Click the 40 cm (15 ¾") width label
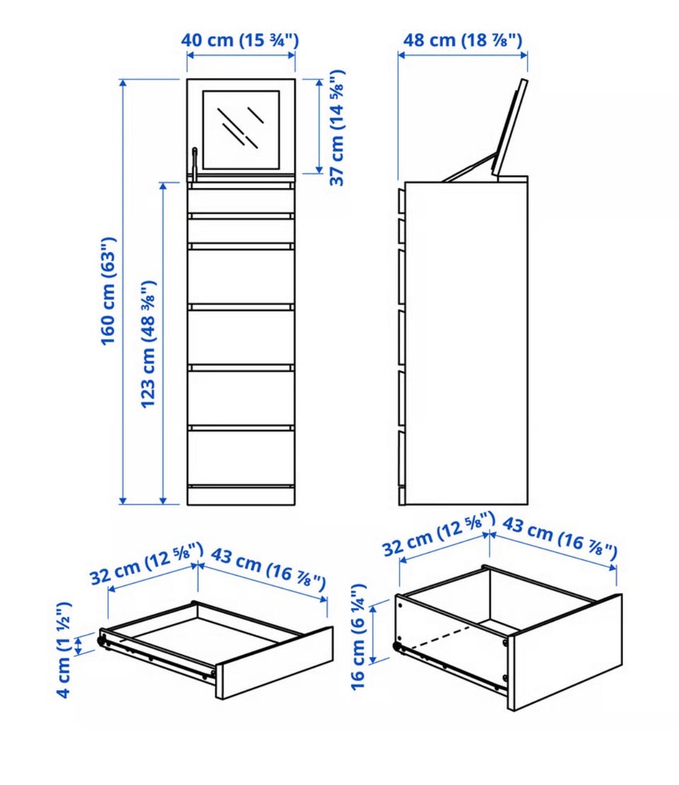[240, 40]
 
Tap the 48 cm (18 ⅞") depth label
[463, 40]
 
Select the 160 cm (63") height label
[109, 291]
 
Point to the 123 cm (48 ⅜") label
[149, 344]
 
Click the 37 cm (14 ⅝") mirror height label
[337, 128]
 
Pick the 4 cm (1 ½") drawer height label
[64, 650]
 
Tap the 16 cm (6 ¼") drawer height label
[359, 636]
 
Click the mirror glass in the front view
[241, 129]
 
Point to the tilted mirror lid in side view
[510, 127]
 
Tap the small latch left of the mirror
[195, 163]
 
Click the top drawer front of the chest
[241, 200]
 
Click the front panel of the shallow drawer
[274, 663]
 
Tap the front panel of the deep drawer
[565, 652]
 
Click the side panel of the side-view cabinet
[465, 343]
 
